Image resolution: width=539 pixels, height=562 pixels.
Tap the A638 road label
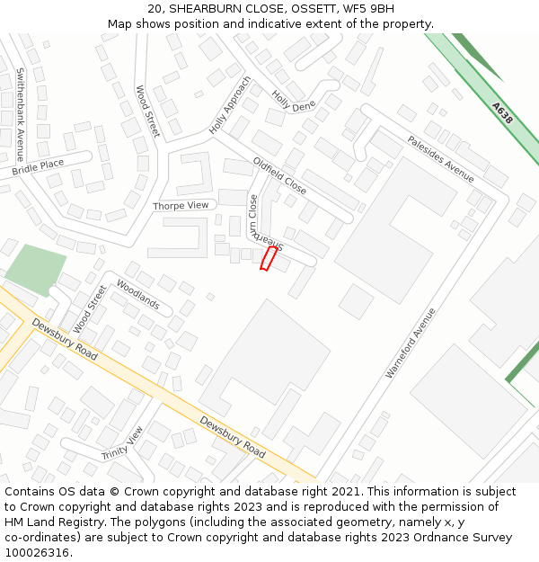pos(502,113)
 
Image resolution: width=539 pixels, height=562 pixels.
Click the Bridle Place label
pos(38,167)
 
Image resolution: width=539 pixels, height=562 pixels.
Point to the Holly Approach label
pos(230,104)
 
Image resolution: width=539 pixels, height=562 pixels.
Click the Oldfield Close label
pos(279,176)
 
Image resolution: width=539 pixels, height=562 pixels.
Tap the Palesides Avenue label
pos(440,159)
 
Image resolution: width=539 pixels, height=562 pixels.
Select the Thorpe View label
pos(180,206)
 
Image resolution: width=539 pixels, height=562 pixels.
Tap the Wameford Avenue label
pos(411,343)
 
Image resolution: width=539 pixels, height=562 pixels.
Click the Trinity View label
pos(122,442)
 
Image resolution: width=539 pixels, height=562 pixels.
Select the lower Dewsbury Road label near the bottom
pos(232,436)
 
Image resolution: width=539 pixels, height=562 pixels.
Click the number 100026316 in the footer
pos(37,553)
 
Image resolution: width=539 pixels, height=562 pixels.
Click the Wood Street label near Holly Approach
pos(147,111)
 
